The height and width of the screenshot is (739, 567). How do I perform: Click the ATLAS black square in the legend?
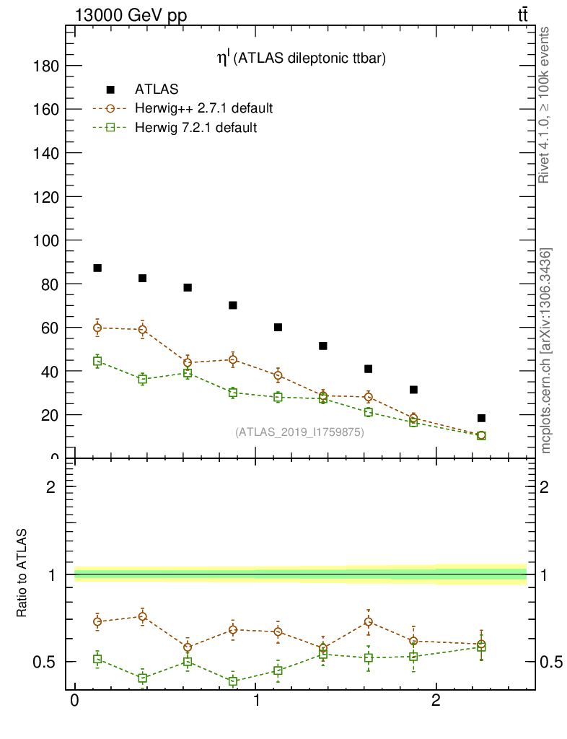110,89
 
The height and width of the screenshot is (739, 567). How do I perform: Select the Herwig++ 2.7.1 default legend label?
203,109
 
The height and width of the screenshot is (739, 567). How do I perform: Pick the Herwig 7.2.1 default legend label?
196,128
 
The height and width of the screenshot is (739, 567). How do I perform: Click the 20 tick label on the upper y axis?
51,416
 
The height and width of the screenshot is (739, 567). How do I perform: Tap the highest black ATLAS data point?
97,268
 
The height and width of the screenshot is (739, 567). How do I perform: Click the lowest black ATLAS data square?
481,418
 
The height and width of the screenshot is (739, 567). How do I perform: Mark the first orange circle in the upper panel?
97,328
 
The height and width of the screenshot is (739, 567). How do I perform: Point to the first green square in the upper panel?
97,361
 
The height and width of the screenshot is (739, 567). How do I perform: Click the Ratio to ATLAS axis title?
22,573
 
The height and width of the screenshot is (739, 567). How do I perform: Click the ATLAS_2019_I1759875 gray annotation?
299,432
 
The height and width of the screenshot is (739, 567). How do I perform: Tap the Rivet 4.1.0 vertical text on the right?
545,105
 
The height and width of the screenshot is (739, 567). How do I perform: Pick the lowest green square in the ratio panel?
233,681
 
